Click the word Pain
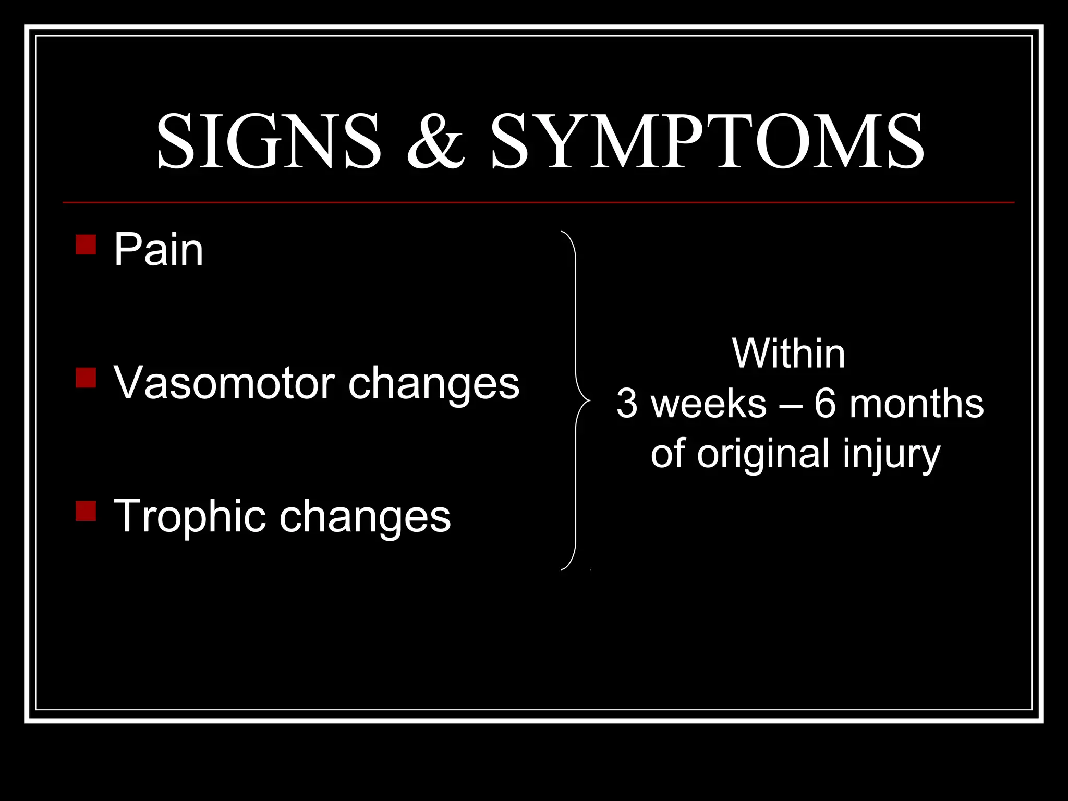pyautogui.click(x=159, y=250)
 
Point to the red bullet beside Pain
pyautogui.click(x=86, y=245)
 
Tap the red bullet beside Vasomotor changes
pyautogui.click(x=86, y=378)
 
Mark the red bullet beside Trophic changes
pyautogui.click(x=86, y=511)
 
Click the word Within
pyautogui.click(x=788, y=354)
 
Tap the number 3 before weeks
pyautogui.click(x=627, y=404)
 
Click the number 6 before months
pyautogui.click(x=825, y=404)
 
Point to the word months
pyautogui.click(x=917, y=404)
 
